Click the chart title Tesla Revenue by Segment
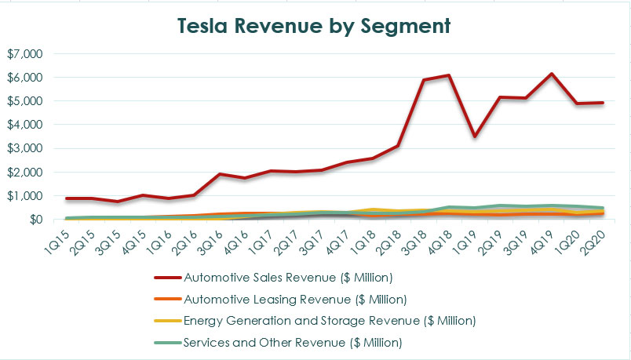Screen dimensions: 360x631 click(x=315, y=25)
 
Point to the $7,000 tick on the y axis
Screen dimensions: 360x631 click(x=25, y=54)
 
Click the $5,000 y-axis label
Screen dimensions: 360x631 click(x=25, y=101)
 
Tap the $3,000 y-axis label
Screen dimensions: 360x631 click(x=25, y=148)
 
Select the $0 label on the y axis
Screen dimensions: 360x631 click(x=35, y=219)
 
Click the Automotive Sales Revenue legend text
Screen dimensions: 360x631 click(x=287, y=277)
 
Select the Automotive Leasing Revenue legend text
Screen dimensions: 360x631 click(x=295, y=299)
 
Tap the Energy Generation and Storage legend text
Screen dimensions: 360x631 click(x=329, y=320)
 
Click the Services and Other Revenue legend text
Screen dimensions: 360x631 click(x=293, y=342)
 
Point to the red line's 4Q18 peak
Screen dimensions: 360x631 click(x=448, y=75)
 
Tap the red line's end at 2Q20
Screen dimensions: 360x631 click(x=600, y=103)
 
